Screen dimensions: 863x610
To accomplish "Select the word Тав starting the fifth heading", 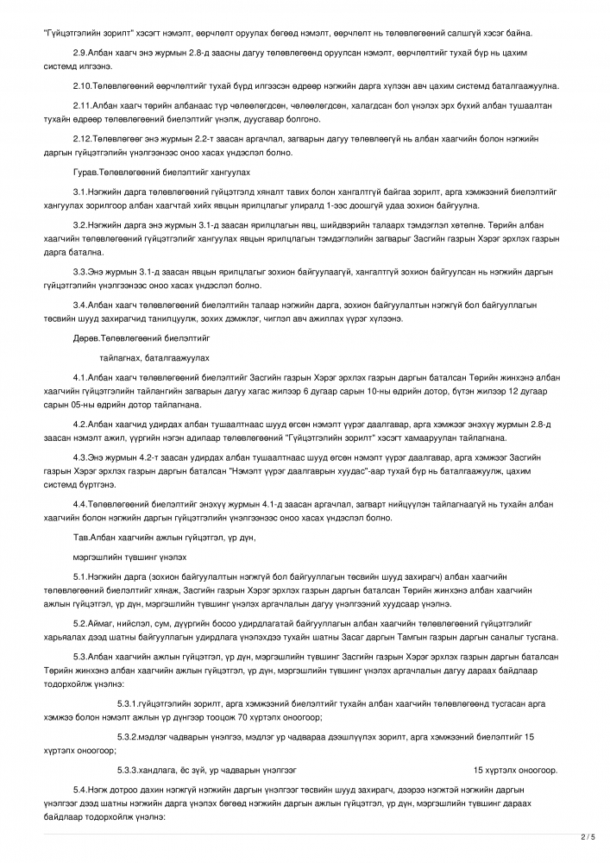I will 80,538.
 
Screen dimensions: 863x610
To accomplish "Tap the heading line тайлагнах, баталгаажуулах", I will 154,357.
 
